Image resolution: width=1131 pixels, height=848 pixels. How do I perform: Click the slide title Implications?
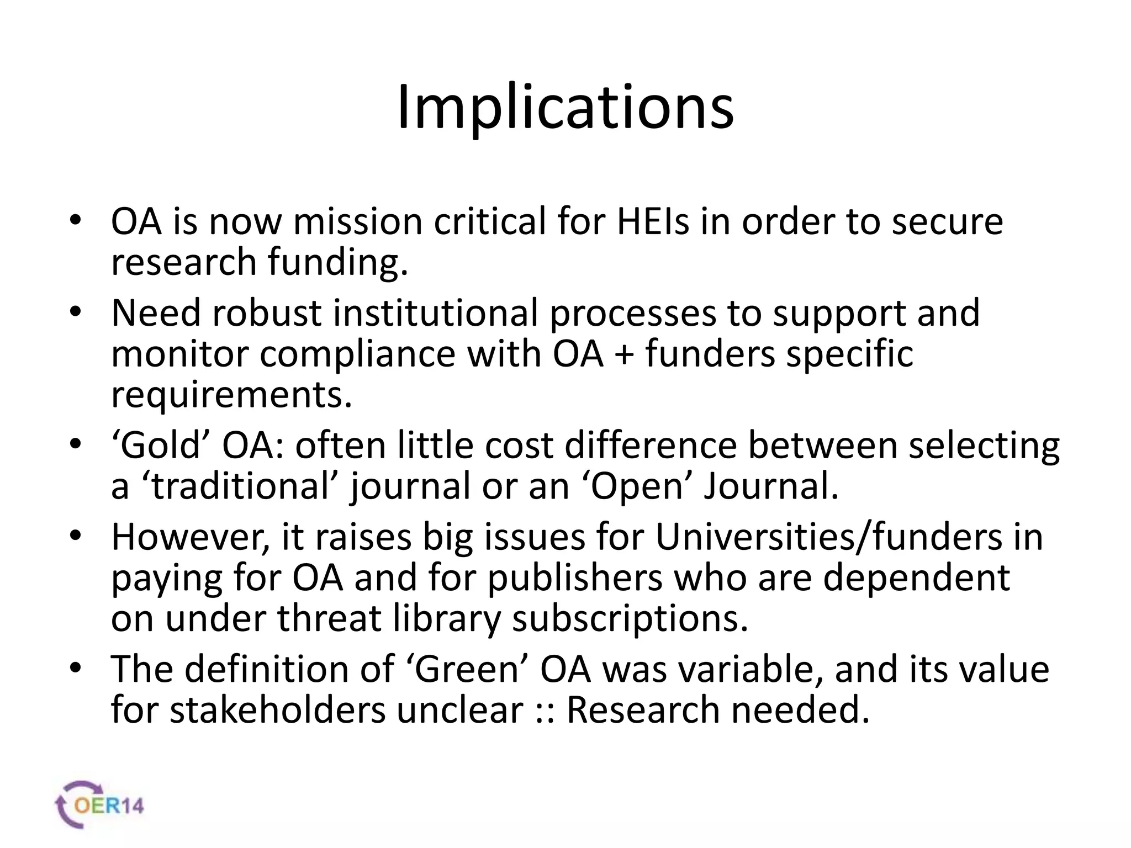[565, 108]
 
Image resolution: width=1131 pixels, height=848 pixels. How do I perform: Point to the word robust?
[266, 313]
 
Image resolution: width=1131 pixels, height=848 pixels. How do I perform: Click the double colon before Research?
[545, 711]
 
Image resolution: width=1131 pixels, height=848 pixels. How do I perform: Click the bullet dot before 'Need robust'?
[76, 312]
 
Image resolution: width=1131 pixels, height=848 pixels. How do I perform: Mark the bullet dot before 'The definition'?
[76, 669]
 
